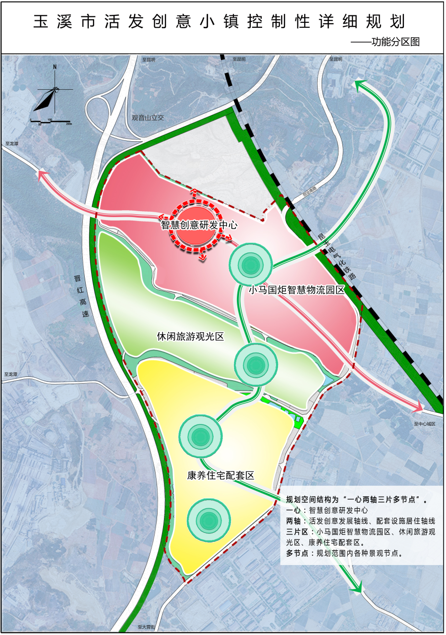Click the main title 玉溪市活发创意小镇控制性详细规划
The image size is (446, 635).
click(x=219, y=21)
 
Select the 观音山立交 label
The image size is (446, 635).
click(x=148, y=118)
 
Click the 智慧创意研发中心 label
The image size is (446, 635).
click(x=199, y=225)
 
